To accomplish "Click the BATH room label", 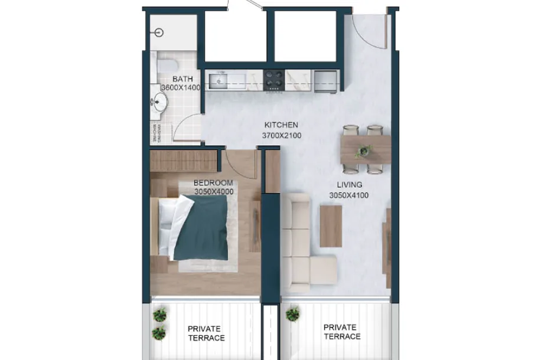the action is [183, 79].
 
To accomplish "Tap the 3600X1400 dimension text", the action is [181, 87].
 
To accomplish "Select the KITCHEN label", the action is [281, 125].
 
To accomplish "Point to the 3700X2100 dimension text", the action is [282, 136].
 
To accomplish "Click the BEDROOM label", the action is [213, 183].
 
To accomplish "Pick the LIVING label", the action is [350, 185].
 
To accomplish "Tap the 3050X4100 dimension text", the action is [349, 195].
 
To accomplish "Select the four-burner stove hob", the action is [274, 80].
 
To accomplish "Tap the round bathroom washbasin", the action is [160, 102].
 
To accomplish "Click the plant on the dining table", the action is [364, 150].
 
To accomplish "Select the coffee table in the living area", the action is [331, 226].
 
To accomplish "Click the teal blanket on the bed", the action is [201, 228].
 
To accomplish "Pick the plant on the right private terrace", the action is [292, 314].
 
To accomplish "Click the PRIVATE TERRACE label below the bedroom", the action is [206, 333].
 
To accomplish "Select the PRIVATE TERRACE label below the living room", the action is [342, 332].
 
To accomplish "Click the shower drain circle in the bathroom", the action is [159, 33].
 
